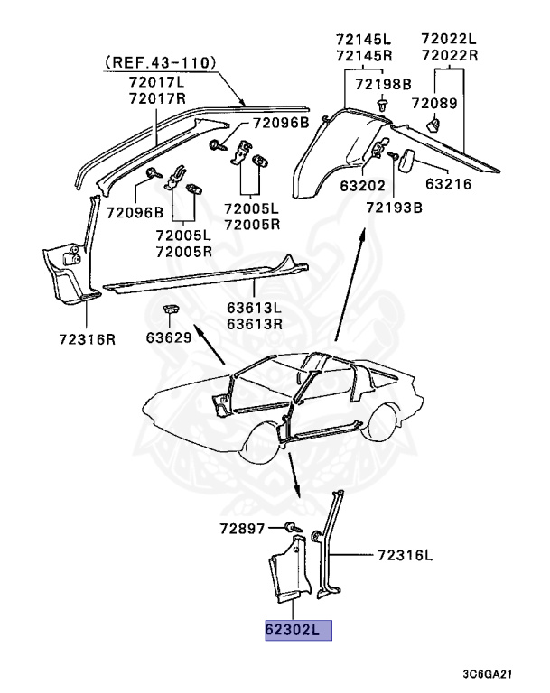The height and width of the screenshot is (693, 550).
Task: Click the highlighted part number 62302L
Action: tap(298, 629)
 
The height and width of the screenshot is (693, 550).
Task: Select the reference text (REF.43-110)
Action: tap(159, 63)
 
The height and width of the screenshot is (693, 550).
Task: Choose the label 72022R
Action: tap(449, 56)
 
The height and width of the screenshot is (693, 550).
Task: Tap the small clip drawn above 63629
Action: tap(171, 311)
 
